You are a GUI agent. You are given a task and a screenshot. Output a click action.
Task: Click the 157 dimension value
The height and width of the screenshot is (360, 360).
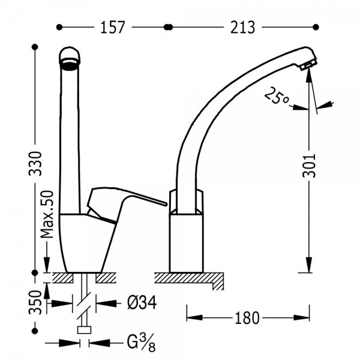pos(113,28)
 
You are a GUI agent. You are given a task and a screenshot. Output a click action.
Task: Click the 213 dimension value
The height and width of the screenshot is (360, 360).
pos(242,28)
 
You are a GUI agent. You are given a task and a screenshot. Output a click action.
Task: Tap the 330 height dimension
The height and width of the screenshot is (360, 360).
pos(35,163)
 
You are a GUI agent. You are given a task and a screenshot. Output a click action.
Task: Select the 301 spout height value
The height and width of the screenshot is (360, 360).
pos(309,166)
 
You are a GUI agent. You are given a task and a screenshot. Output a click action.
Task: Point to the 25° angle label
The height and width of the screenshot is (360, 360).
pos(277,95)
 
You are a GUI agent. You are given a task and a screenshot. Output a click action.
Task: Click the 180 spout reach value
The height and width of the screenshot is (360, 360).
pos(247,318)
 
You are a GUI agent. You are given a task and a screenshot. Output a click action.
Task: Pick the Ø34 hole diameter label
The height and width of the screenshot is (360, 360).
pos(142,302)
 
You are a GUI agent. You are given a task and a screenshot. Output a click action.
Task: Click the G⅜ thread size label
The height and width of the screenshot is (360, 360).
pos(141,343)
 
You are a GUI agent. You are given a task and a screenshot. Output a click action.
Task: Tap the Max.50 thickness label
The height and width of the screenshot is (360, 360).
pos(47,214)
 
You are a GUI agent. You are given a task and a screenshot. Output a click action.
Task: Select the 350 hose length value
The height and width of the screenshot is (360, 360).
pos(35,302)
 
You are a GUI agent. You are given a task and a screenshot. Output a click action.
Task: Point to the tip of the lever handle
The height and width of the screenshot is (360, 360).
pos(164,203)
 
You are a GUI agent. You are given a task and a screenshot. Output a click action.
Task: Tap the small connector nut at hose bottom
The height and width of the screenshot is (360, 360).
pos(84,330)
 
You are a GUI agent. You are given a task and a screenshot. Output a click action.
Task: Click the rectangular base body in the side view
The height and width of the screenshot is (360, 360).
pos(186,243)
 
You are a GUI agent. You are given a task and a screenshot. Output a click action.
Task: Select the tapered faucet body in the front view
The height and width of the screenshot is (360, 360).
pos(87,244)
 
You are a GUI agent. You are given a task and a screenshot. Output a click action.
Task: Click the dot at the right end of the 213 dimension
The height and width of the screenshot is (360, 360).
pos(316,27)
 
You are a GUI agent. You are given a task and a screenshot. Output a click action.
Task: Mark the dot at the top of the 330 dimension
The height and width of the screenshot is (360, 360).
pos(35,47)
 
